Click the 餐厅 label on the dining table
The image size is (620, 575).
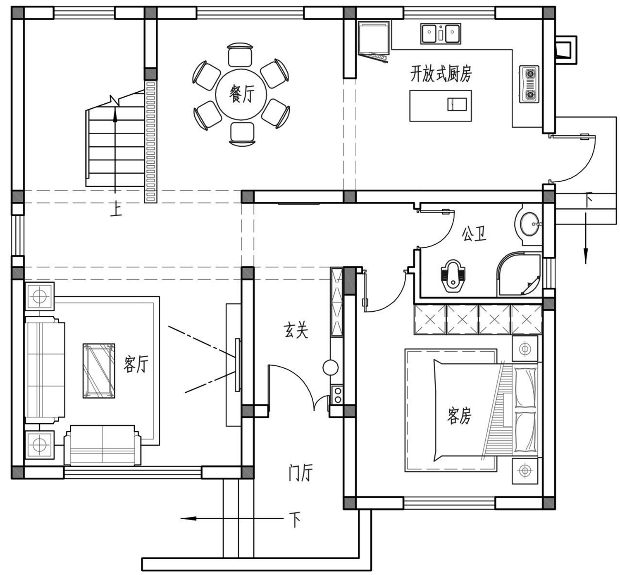click(242, 93)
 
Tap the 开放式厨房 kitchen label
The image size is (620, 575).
click(441, 74)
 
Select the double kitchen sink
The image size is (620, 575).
click(441, 33)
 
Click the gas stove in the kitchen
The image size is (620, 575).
click(529, 84)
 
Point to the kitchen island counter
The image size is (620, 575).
click(441, 105)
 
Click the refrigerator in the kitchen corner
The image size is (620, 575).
click(374, 40)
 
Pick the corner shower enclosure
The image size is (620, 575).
click(519, 274)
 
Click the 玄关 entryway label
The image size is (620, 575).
click(296, 330)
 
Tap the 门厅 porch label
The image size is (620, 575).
click(300, 472)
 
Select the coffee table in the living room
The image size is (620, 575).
click(99, 371)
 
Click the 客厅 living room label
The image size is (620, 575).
click(136, 364)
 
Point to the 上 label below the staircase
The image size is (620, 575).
click(116, 209)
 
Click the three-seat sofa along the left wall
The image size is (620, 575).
click(45, 370)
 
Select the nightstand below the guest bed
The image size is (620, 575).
click(525, 471)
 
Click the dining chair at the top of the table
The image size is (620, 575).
click(240, 55)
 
